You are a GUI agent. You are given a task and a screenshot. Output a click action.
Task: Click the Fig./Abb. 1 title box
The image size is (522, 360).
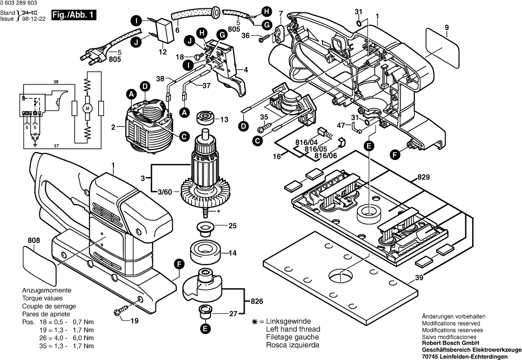74,15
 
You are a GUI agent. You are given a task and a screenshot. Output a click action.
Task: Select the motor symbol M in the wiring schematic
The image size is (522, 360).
87,108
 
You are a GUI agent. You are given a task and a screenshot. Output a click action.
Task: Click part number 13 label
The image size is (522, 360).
224,120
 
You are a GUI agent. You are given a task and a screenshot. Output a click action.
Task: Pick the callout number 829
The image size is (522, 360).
423,177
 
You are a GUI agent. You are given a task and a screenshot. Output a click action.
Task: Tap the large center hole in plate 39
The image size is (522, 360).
341,275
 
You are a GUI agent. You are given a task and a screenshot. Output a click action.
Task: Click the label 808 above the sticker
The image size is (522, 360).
34,240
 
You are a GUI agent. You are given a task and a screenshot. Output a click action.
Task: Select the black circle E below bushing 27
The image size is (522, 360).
205,329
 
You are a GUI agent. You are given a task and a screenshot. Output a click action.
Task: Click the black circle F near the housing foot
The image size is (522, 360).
395,155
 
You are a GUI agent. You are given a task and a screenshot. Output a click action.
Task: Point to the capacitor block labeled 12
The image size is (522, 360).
166,31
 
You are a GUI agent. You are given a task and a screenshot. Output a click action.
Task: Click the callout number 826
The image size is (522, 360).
257,301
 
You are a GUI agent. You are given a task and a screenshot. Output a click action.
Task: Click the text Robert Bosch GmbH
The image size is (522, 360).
450,343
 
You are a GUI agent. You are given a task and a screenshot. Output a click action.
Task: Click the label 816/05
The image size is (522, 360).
316,149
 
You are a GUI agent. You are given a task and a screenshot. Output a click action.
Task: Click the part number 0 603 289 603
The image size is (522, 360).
19,3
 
